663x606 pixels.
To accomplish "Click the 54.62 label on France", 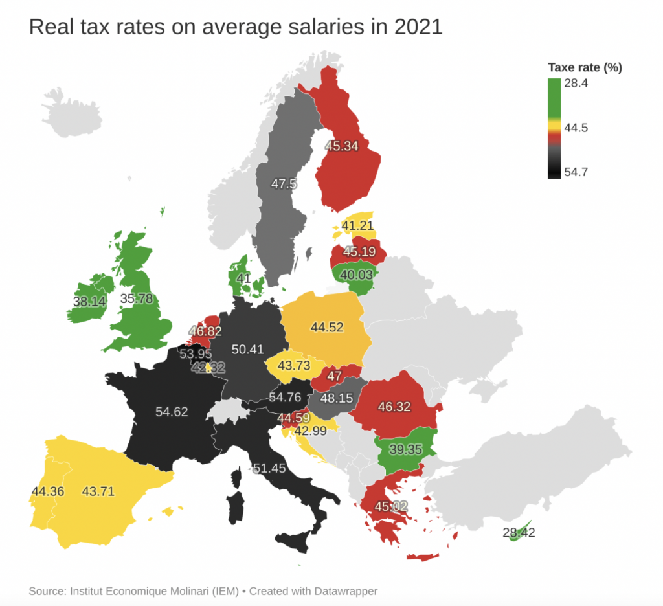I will (172, 411).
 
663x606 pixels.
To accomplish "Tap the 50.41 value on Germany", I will (247, 350).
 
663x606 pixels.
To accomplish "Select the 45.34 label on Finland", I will (342, 146).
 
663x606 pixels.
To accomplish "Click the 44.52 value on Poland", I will (327, 328).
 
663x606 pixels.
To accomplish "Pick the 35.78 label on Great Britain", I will (137, 299).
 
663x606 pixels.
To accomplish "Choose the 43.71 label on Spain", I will (98, 491).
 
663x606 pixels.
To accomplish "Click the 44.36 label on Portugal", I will (48, 491).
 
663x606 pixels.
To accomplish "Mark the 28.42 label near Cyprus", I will (519, 533).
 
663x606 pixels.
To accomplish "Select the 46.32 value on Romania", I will (394, 407).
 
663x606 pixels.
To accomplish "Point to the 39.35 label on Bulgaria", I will (405, 449).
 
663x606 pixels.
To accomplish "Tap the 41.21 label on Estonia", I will (358, 226).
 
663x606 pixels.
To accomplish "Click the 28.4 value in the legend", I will (576, 84).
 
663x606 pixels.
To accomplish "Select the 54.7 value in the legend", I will (576, 172).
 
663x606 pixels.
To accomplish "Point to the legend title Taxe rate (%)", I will (585, 67).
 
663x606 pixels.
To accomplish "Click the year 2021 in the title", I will (414, 27).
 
